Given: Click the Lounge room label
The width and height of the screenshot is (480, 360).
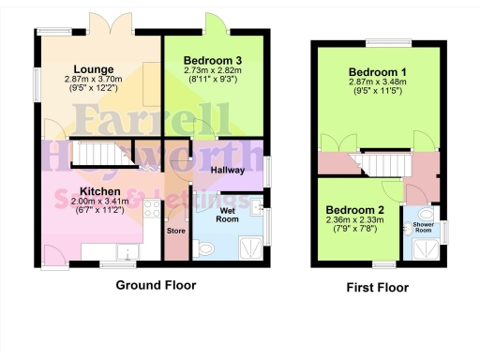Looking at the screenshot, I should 95,69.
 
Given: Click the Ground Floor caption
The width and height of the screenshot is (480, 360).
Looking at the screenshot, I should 156,284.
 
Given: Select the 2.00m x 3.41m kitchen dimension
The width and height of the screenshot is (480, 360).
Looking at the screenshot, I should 98,187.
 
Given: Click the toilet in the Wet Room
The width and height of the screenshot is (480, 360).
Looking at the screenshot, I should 205,248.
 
